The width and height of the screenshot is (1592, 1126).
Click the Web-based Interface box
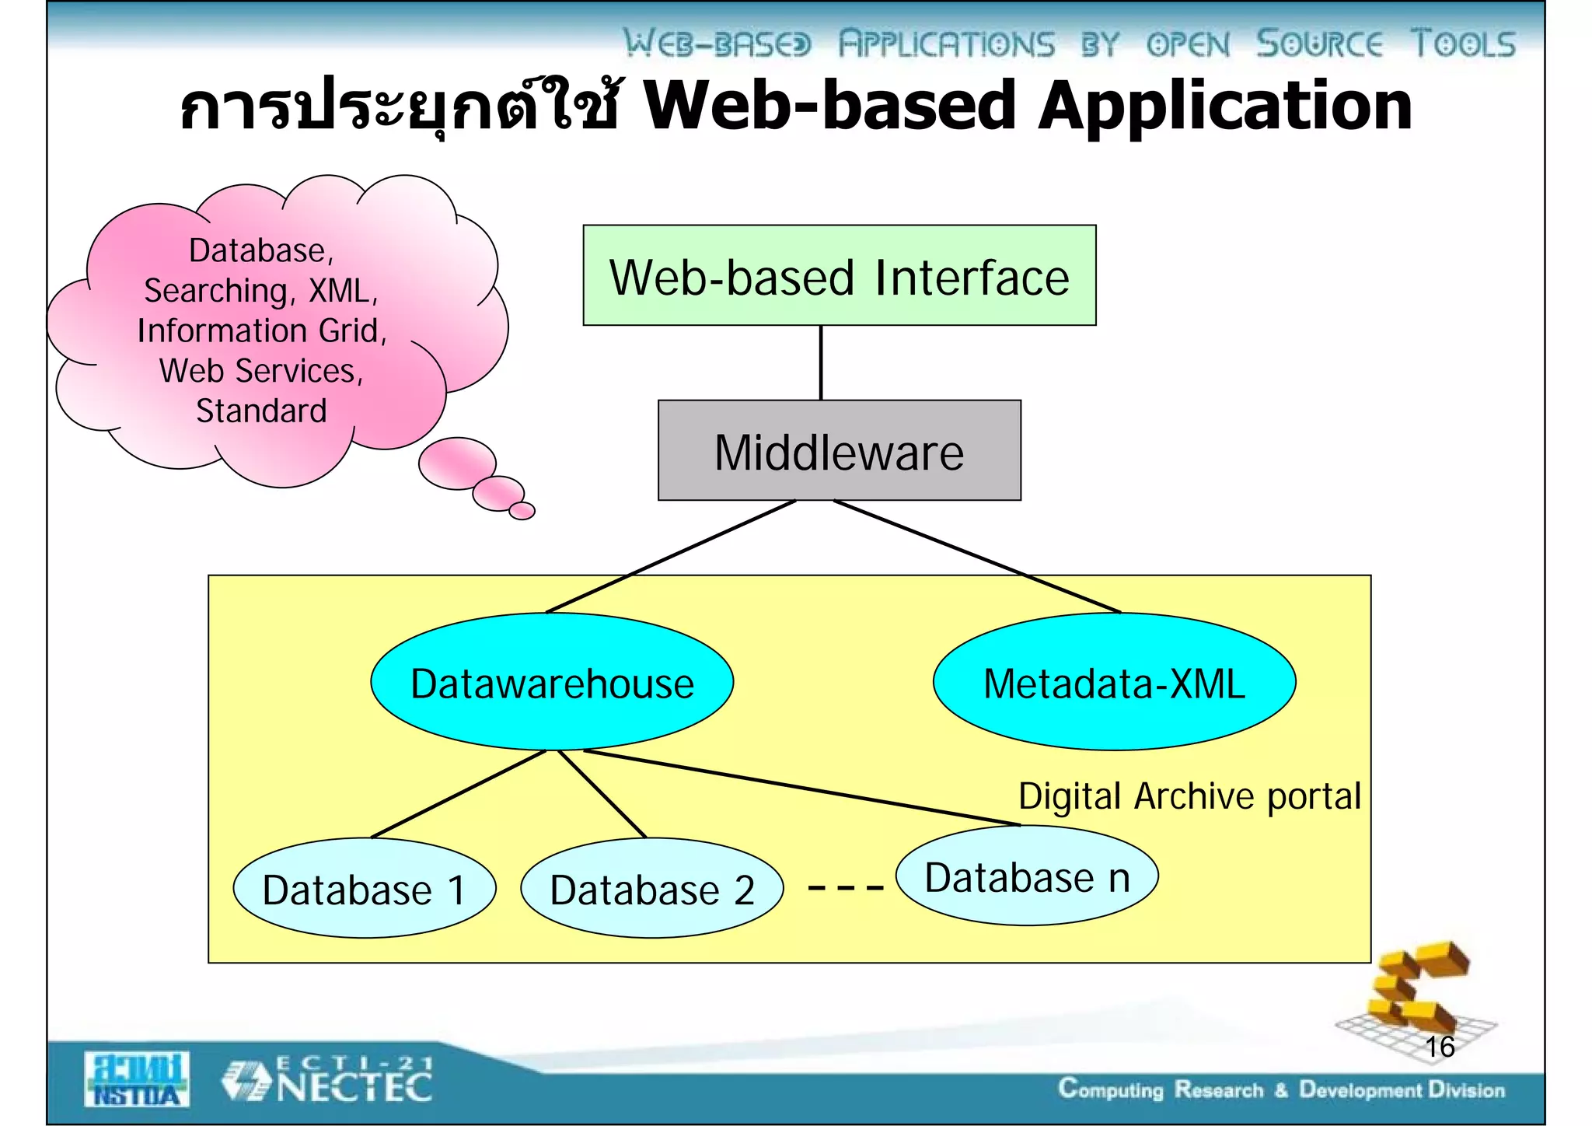pyautogui.click(x=839, y=275)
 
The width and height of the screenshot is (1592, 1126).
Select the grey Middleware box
pyautogui.click(x=839, y=450)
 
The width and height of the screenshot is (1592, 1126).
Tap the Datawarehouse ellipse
pyautogui.click(x=552, y=682)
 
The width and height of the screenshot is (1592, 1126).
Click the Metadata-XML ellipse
pyautogui.click(x=1113, y=682)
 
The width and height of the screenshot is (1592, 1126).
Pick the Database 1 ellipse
pyautogui.click(x=364, y=888)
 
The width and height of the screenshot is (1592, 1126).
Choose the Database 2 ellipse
pyautogui.click(x=651, y=888)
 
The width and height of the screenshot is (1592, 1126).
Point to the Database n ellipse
pyautogui.click(x=1026, y=876)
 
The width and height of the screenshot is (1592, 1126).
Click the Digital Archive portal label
pyautogui.click(x=1189, y=796)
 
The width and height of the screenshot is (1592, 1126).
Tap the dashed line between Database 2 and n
pyautogui.click(x=845, y=887)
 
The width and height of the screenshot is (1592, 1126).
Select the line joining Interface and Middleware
pyautogui.click(x=821, y=362)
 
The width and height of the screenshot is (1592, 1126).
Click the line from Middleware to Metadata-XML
pyautogui.click(x=977, y=556)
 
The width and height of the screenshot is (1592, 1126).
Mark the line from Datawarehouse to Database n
pyautogui.click(x=801, y=787)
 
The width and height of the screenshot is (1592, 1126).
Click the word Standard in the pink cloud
pyautogui.click(x=261, y=411)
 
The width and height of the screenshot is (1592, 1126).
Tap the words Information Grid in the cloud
pyautogui.click(x=261, y=330)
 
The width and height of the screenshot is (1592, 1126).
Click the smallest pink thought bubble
pyautogui.click(x=522, y=511)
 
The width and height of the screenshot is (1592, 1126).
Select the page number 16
pyautogui.click(x=1439, y=1047)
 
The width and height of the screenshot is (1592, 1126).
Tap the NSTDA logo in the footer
pyautogui.click(x=137, y=1079)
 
